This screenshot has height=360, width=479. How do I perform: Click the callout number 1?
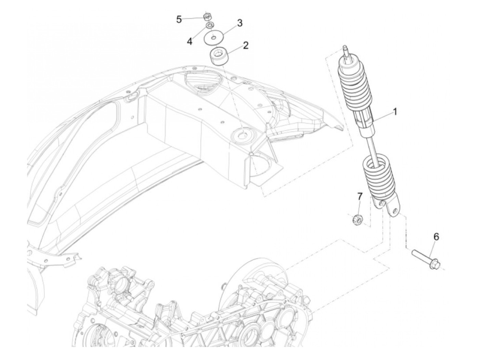pos(394,112)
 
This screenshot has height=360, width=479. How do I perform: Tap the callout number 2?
pos(246,45)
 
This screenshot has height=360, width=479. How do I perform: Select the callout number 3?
pos(239,23)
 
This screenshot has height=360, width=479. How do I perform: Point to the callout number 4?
pos(189,41)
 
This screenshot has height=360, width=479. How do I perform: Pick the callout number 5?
pos(179,19)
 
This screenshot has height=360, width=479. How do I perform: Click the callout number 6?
pos(436,236)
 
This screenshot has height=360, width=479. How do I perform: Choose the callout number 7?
pos(360,196)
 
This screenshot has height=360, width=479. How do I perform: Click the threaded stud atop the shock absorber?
pos(346,51)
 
